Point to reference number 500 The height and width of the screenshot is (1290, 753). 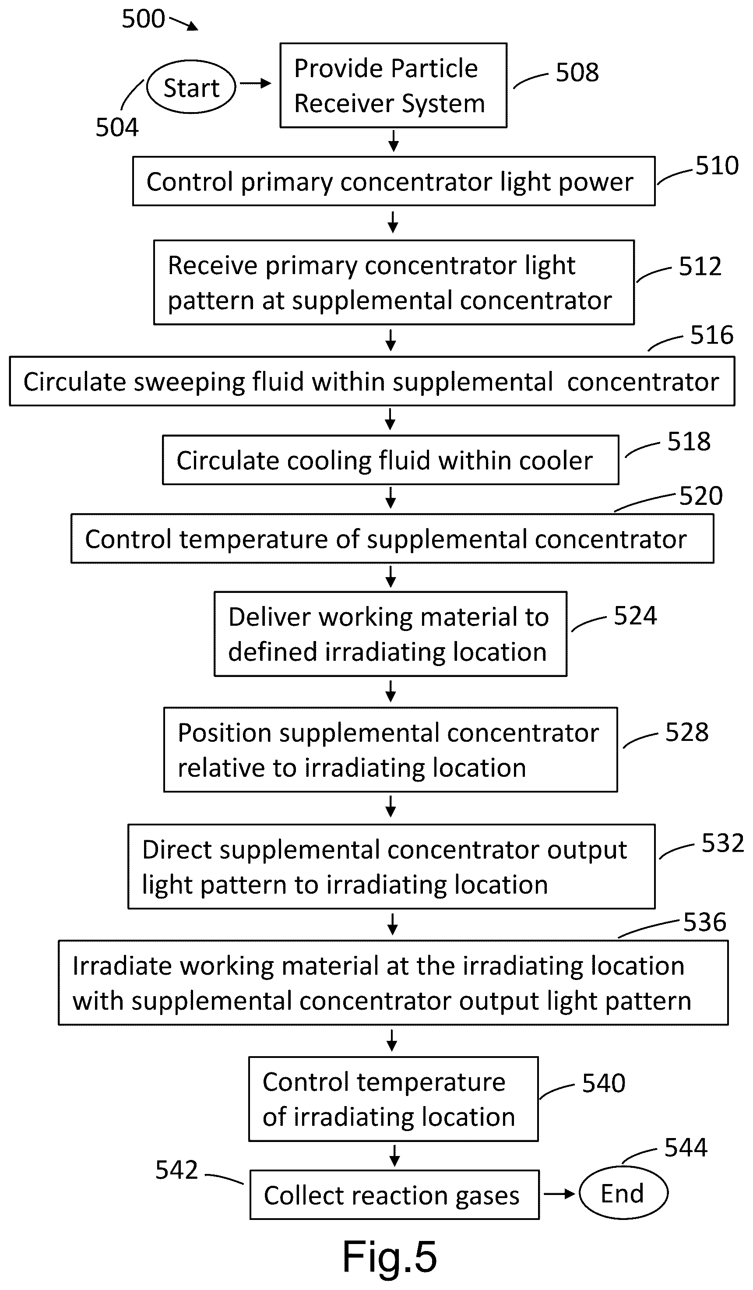click(143, 19)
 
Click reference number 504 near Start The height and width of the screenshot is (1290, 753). click(117, 127)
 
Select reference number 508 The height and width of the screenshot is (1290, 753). click(577, 72)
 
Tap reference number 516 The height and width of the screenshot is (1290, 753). click(712, 335)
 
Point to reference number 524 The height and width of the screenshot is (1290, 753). click(635, 616)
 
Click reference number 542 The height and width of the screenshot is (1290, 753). click(176, 1170)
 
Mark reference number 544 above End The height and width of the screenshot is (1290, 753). click(686, 1147)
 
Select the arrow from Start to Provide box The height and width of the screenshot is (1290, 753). click(255, 84)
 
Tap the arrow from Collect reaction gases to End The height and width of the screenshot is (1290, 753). click(559, 1194)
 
